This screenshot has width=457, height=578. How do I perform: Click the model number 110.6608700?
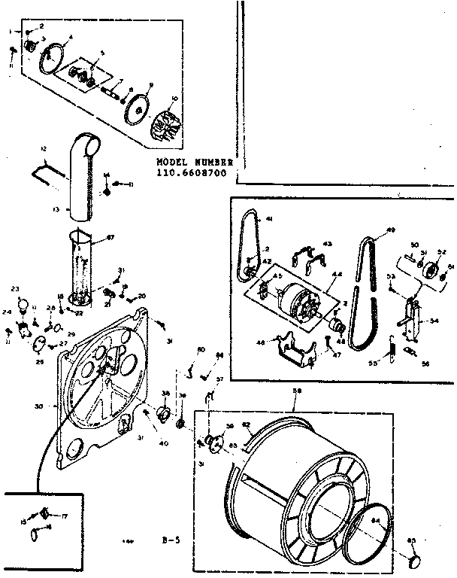click(x=192, y=172)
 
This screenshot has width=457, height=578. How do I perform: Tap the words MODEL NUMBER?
click(x=195, y=162)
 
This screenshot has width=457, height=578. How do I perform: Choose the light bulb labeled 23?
click(x=23, y=305)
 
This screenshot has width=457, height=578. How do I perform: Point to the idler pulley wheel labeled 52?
click(x=431, y=271)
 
